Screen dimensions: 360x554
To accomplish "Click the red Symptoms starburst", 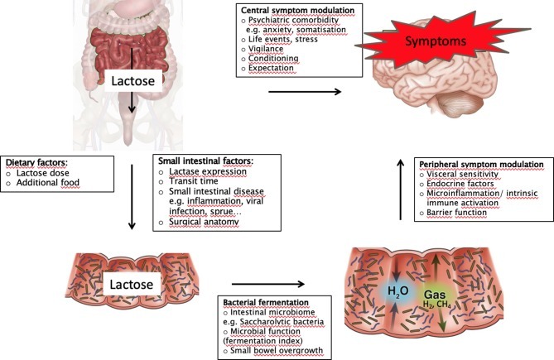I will pos(437,40).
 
